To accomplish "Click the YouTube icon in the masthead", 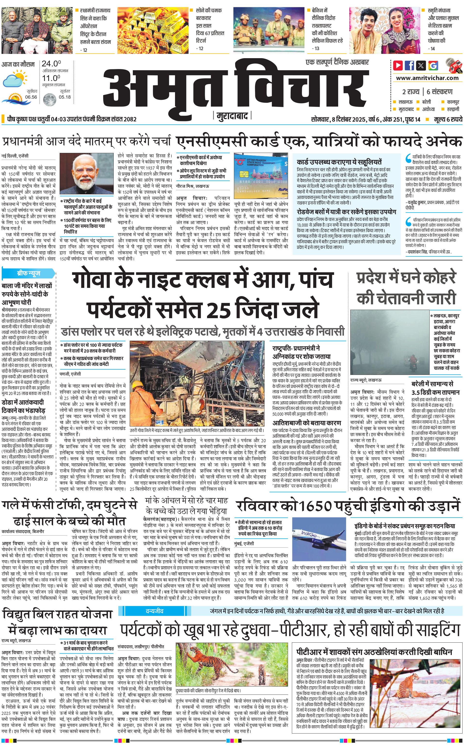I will tap(398, 65).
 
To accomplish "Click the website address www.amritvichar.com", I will tap(427, 78).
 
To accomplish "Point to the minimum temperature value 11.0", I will tap(51, 78).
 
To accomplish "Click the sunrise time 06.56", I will tap(31, 97).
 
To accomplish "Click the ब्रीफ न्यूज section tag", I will tap(29, 273).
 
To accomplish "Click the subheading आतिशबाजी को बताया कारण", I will tap(307, 423).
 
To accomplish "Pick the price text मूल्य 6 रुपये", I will tap(448, 119).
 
